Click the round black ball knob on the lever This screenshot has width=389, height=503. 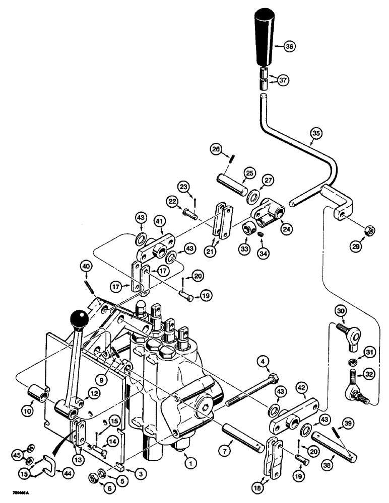(79, 318)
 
